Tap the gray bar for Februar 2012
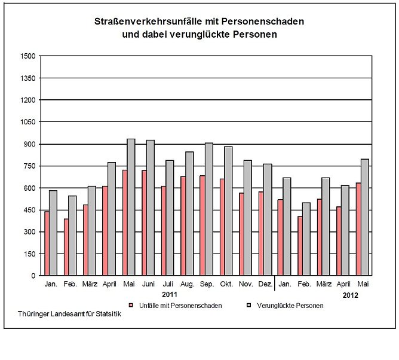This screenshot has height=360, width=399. tap(306, 239)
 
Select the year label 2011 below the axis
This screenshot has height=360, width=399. tap(170, 295)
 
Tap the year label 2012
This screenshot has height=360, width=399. tap(351, 295)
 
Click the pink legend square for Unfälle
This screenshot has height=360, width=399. tap(130, 306)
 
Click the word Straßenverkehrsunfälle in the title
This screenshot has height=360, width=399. tap(152, 22)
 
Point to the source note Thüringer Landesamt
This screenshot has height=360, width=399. tap(69, 315)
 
